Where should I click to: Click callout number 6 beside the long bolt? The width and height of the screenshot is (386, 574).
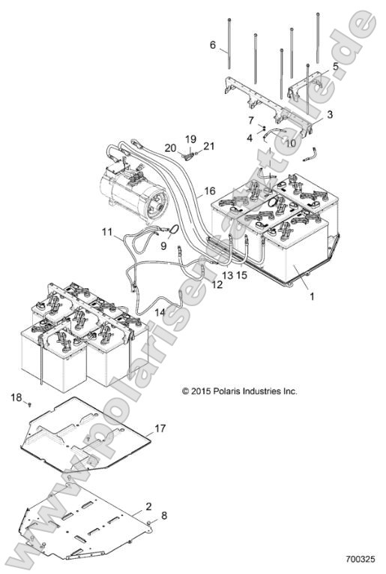(213, 45)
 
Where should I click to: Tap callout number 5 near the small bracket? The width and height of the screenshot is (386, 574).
(335, 66)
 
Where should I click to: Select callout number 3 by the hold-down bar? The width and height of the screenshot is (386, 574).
(330, 114)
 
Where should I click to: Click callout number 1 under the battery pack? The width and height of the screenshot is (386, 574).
(312, 296)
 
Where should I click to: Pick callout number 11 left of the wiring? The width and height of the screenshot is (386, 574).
(107, 231)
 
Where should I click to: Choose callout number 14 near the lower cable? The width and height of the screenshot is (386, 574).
(160, 312)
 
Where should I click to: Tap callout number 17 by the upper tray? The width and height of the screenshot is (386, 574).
(160, 428)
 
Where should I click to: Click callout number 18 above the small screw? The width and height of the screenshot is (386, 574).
(16, 397)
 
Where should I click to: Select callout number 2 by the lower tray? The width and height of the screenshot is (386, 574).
(148, 506)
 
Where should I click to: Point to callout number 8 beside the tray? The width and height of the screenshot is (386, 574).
(164, 515)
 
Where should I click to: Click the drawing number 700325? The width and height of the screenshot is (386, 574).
(361, 559)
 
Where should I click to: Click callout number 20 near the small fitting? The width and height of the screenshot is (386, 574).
(170, 148)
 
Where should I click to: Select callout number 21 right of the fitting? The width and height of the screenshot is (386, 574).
(208, 146)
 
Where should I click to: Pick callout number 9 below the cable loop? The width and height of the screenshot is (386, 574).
(163, 245)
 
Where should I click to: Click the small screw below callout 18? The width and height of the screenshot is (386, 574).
(30, 404)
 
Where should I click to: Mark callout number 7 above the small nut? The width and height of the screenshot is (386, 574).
(251, 120)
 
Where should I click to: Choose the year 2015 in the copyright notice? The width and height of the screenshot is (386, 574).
(201, 392)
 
